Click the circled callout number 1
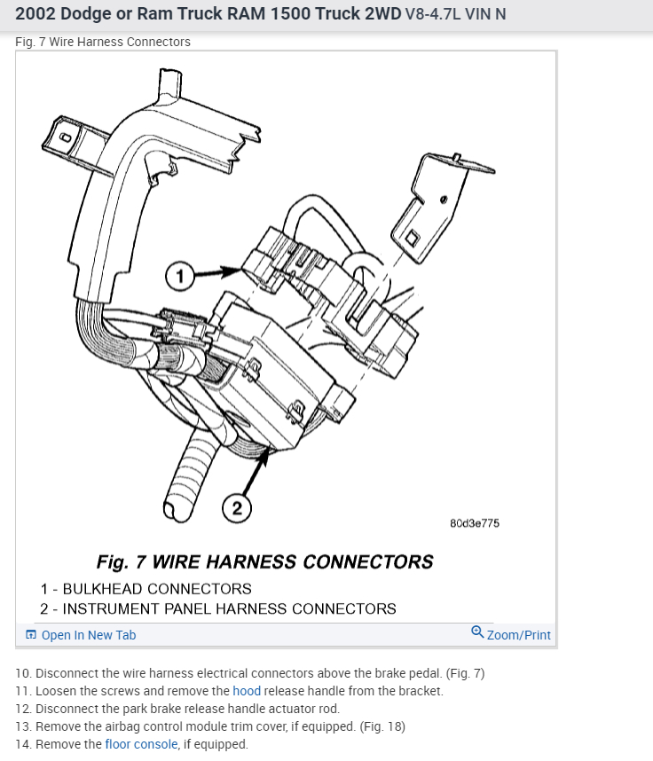pos(181,277)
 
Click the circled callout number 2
pos(237,508)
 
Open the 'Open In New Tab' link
pos(88,635)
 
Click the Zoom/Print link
pos(518,635)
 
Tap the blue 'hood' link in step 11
pos(247,691)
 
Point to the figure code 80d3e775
pos(475,523)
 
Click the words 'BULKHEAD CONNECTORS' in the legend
pos(157,589)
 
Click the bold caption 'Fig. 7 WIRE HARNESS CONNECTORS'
pos(264,561)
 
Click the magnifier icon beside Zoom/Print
pos(477,633)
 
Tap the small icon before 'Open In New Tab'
pos(31,635)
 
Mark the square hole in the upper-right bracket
pos(413,238)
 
